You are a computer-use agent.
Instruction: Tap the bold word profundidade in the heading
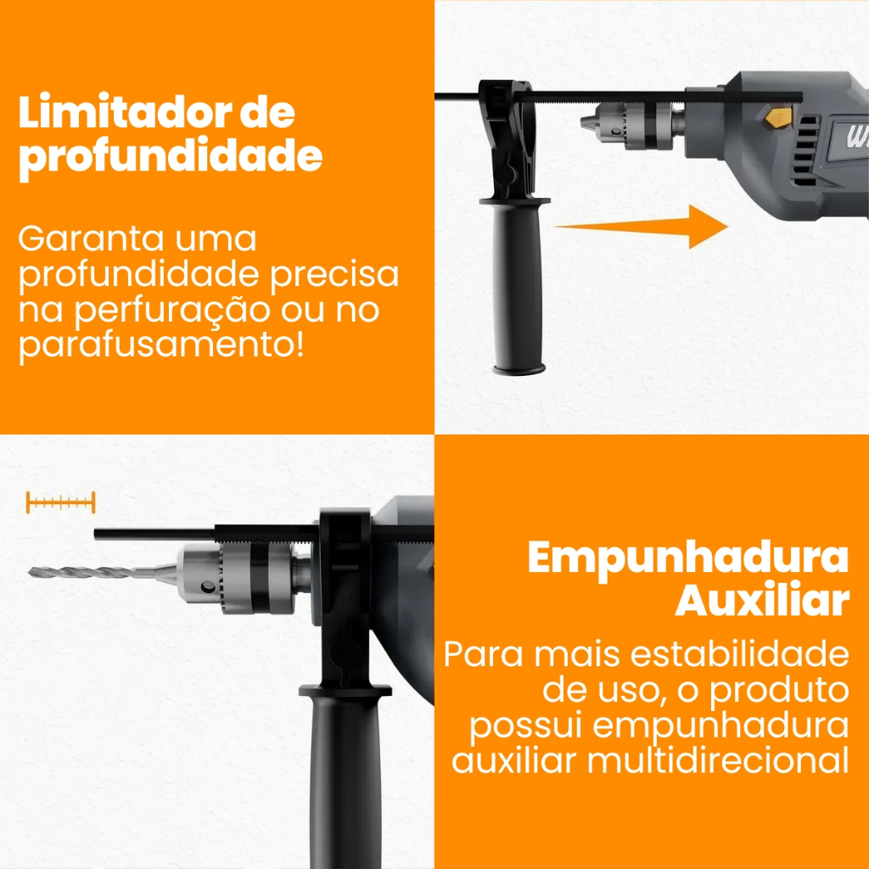(x=170, y=158)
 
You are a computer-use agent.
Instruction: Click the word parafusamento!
(x=161, y=346)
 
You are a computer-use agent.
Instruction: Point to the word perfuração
(x=172, y=311)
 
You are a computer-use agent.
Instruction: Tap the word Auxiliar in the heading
(x=762, y=599)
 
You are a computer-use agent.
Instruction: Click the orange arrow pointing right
(x=642, y=226)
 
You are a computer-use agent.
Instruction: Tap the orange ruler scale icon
(x=60, y=502)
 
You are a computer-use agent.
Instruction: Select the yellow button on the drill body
(x=777, y=118)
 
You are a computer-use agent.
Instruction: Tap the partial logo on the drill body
(x=855, y=137)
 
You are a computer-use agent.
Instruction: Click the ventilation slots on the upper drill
(x=805, y=151)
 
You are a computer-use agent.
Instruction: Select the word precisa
(x=334, y=275)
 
